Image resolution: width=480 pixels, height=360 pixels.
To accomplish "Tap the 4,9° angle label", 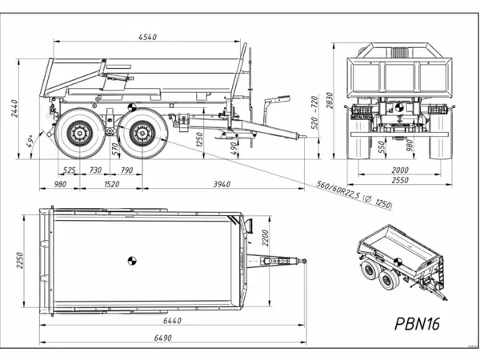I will [x=30, y=142].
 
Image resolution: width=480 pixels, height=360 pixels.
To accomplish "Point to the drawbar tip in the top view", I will [x=304, y=261].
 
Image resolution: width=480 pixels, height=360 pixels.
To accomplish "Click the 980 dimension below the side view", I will [x=59, y=184].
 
